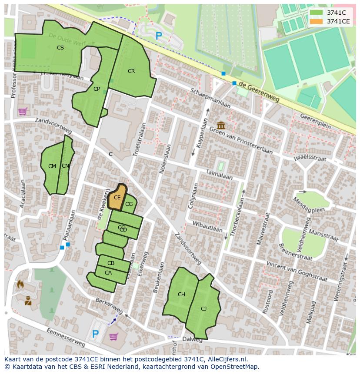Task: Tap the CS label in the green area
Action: pyautogui.click(x=60, y=48)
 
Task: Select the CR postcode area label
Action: pyautogui.click(x=131, y=71)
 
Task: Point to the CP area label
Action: pyautogui.click(x=97, y=89)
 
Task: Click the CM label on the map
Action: pyautogui.click(x=52, y=166)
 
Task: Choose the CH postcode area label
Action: pyautogui.click(x=181, y=295)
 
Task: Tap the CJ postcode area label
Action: pyautogui.click(x=204, y=309)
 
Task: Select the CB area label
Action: pyautogui.click(x=111, y=263)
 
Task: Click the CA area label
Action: pyautogui.click(x=108, y=273)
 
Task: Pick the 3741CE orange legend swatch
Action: pyautogui.click(x=317, y=21)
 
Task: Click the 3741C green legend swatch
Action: pyautogui.click(x=317, y=13)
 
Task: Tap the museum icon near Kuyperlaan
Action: pyautogui.click(x=221, y=126)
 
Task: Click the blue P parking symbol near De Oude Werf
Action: pyautogui.click(x=159, y=36)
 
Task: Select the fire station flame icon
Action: pyautogui.click(x=20, y=285)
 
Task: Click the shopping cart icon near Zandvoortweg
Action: pyautogui.click(x=23, y=112)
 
